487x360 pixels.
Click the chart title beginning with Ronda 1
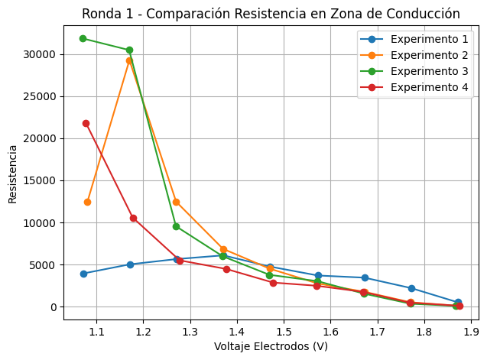(271, 14)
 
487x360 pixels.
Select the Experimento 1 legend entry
(427, 39)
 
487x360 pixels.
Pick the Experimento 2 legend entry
(427, 55)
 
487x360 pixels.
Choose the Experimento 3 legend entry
(427, 71)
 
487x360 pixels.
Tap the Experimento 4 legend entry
(427, 87)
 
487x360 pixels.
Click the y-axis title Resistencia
(12, 174)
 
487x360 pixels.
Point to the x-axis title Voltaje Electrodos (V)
(271, 347)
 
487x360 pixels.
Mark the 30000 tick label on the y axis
(39, 54)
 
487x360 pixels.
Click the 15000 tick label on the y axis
(39, 181)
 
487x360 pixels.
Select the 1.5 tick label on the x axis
(284, 332)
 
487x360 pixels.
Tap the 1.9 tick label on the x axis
(471, 332)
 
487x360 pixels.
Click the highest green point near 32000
(83, 38)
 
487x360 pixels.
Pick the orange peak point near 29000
(129, 60)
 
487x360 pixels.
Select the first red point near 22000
(86, 123)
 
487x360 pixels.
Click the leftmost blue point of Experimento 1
(83, 274)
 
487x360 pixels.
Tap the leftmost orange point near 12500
(87, 202)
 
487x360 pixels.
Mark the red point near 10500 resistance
(133, 218)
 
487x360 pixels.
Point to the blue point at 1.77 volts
(411, 288)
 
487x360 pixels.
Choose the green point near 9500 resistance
(176, 226)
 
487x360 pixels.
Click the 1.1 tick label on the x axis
(96, 332)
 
